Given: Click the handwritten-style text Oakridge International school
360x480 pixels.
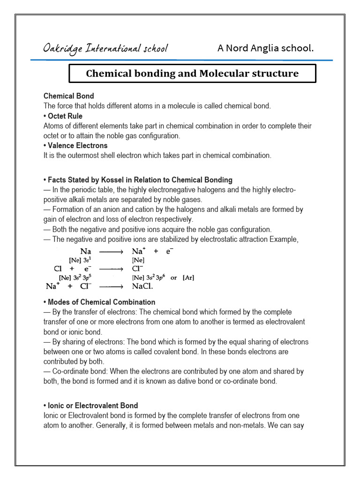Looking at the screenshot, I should tap(105, 48).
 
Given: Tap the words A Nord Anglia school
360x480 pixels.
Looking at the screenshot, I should tap(265, 48).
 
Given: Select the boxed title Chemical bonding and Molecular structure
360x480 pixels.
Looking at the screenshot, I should tap(192, 74).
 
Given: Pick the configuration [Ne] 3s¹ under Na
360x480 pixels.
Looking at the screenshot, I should tap(82, 260).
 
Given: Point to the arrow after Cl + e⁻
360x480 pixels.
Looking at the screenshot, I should tap(111, 269).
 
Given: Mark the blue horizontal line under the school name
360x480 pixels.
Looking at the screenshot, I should tap(181, 60).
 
